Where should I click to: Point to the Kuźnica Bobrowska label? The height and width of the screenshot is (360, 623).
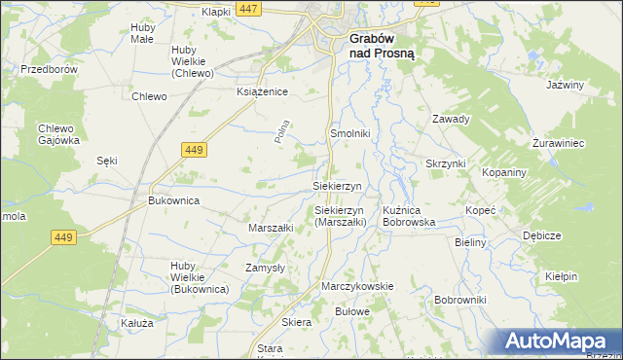tap(409, 216)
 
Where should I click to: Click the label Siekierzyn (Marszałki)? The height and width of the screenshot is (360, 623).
tap(340, 216)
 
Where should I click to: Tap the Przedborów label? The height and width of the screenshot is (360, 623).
tap(49, 70)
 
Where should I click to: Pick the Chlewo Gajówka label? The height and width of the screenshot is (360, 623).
tap(58, 134)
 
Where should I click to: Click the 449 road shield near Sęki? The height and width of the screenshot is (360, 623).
tap(193, 149)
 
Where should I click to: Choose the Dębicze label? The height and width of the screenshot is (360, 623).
tap(541, 235)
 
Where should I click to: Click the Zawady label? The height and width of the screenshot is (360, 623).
tap(451, 120)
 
